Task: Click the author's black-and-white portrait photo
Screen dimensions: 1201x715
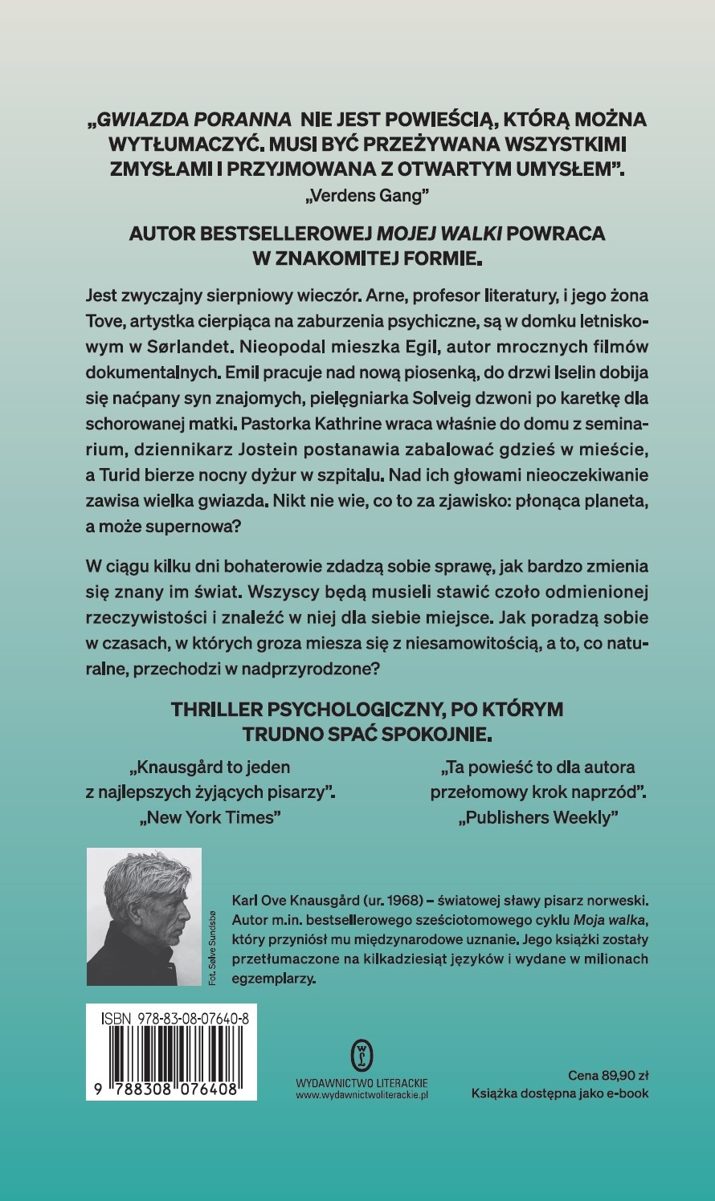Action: [x=144, y=917]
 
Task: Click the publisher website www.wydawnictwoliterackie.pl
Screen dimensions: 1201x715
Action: [x=362, y=1094]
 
